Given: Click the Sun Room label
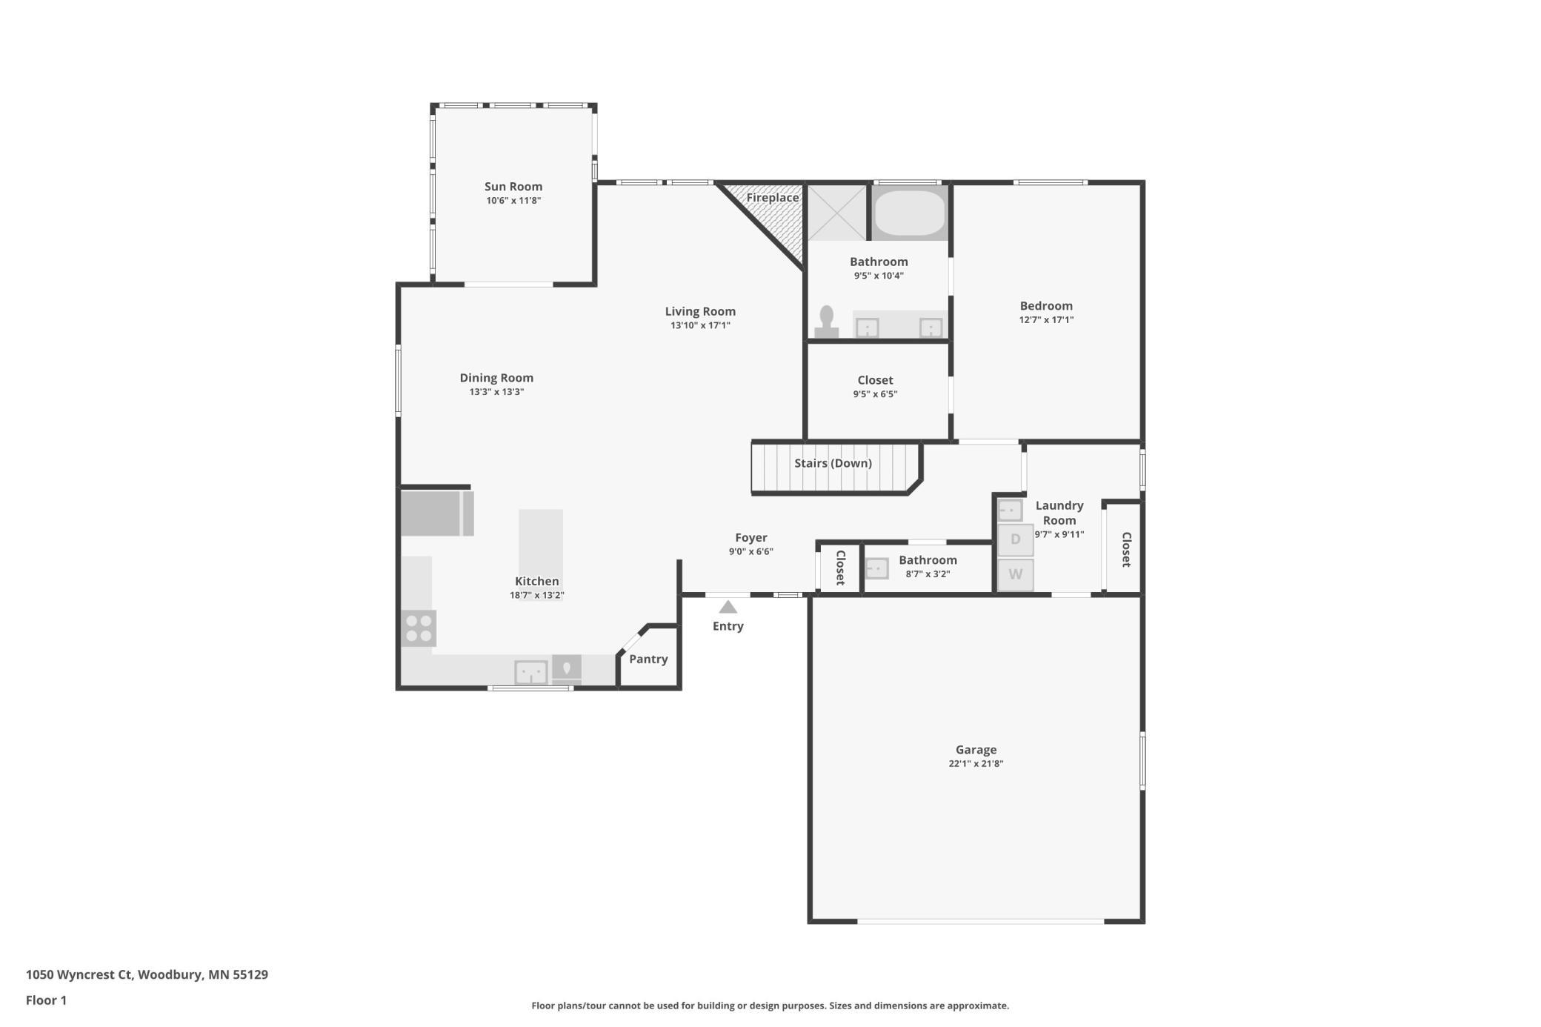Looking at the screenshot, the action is pyautogui.click(x=513, y=187).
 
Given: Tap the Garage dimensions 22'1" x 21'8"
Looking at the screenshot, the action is pyautogui.click(x=976, y=764).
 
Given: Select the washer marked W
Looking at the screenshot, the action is pyautogui.click(x=1015, y=574).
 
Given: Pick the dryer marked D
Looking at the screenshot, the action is pyautogui.click(x=1015, y=539).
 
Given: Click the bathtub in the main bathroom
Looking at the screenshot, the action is pyautogui.click(x=910, y=213).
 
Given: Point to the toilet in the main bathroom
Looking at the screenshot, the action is pyautogui.click(x=827, y=323).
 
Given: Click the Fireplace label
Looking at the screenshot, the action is pyautogui.click(x=773, y=198).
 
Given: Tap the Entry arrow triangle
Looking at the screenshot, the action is pyautogui.click(x=728, y=607).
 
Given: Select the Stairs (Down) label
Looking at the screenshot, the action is pyautogui.click(x=833, y=463).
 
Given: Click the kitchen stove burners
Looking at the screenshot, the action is pyautogui.click(x=419, y=628).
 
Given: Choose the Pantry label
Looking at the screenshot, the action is pyautogui.click(x=648, y=659).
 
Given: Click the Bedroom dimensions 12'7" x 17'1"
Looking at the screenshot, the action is pyautogui.click(x=1046, y=320).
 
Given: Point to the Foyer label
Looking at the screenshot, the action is pyautogui.click(x=751, y=538).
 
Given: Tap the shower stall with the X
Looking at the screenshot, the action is pyautogui.click(x=837, y=213).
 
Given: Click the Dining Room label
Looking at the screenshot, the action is pyautogui.click(x=496, y=378).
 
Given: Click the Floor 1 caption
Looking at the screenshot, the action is pyautogui.click(x=46, y=1000).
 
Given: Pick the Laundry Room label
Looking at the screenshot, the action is pyautogui.click(x=1059, y=513).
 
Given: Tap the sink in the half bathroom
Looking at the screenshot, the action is pyautogui.click(x=877, y=568).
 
